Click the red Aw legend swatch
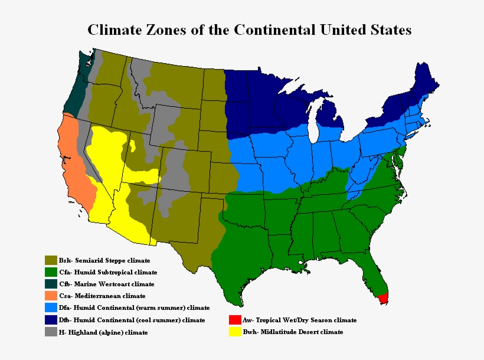coord(234,320)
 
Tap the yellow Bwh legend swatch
coord(234,332)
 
